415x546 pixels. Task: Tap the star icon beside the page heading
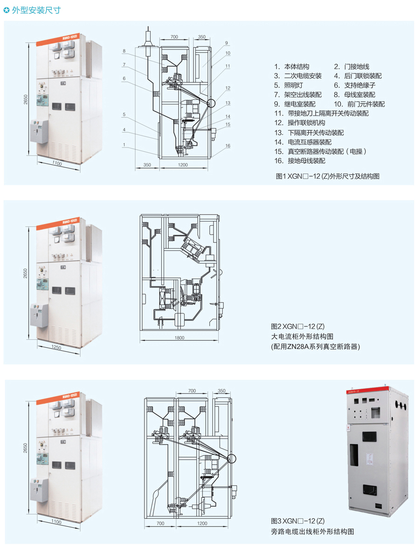click(7, 10)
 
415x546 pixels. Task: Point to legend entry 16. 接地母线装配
click(300, 161)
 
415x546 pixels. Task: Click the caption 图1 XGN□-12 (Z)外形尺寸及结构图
click(327, 176)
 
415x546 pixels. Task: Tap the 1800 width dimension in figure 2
click(180, 338)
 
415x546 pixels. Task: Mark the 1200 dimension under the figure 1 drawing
click(182, 165)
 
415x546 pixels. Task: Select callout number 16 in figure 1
click(228, 146)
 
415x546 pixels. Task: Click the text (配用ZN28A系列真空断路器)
click(316, 346)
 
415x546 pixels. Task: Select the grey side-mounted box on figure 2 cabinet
click(39, 315)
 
